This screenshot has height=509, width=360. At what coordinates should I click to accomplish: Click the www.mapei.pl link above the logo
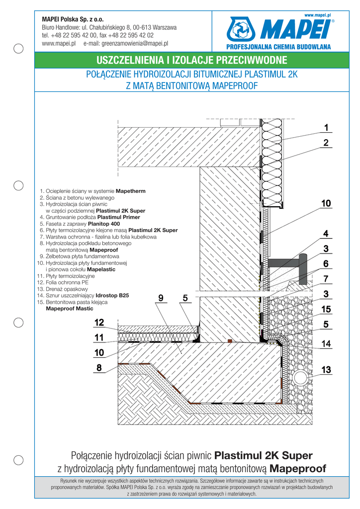(317, 16)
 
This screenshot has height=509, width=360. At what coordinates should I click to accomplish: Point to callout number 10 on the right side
(326, 203)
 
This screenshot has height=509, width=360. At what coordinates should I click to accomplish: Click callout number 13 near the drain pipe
(326, 370)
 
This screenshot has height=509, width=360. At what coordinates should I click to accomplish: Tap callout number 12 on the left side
(99, 323)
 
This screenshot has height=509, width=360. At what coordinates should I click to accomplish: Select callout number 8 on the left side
(99, 368)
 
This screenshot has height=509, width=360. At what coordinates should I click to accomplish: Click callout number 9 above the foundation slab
(160, 298)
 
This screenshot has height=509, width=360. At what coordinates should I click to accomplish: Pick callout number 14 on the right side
(326, 343)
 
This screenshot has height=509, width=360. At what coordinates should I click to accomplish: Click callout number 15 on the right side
(326, 309)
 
